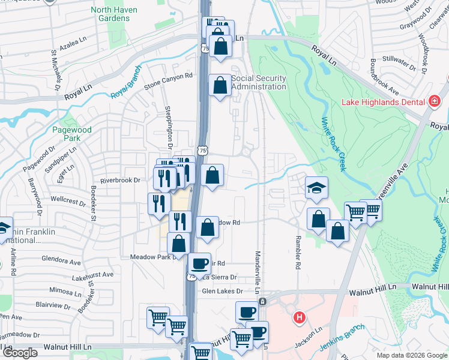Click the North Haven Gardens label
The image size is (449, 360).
pos(114,14)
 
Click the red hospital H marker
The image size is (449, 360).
pos(298,316)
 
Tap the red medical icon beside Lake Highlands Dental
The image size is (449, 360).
pos(435,101)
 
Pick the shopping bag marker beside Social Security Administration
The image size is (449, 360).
pos(220,86)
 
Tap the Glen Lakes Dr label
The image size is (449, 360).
pos(221,291)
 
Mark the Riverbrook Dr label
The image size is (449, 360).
pos(120,179)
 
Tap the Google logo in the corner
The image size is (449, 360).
pos(20,353)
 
